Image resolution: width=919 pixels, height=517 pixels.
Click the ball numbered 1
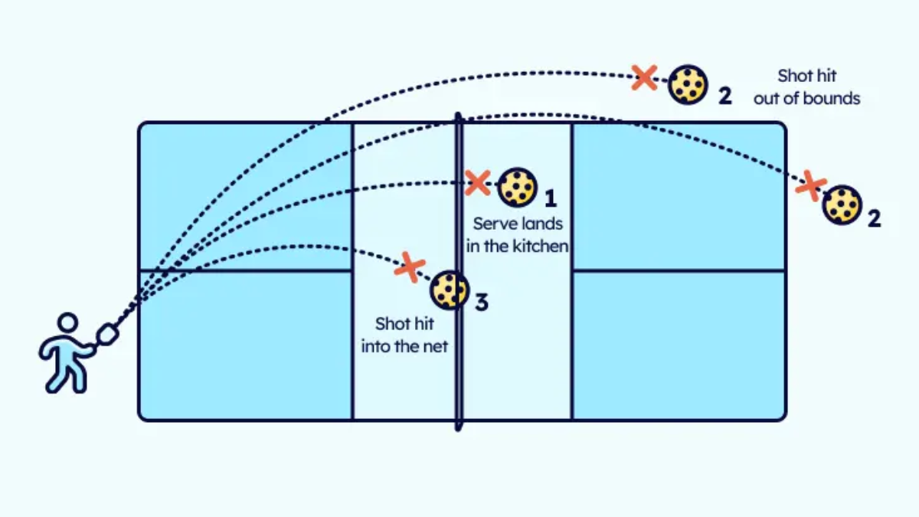point(517,188)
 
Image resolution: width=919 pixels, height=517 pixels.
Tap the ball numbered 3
point(450,290)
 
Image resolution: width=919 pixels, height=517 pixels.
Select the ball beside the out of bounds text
point(688,84)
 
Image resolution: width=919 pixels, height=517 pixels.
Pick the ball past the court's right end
point(842,205)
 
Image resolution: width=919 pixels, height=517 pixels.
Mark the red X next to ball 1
point(478,182)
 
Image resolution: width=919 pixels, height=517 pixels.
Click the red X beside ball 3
point(410,267)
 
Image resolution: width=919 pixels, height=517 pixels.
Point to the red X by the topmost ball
point(645,77)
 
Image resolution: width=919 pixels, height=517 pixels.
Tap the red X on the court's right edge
point(811,186)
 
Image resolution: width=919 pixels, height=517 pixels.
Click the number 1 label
point(551,198)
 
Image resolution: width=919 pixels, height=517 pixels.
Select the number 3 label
point(482,303)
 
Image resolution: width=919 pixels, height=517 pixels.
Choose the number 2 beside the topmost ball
point(725,97)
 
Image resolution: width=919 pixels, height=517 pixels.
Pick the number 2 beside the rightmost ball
point(875,218)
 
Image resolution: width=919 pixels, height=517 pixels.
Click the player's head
point(67,322)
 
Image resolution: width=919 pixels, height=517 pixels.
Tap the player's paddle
point(107,335)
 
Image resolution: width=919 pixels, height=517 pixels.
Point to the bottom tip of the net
point(459,430)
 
